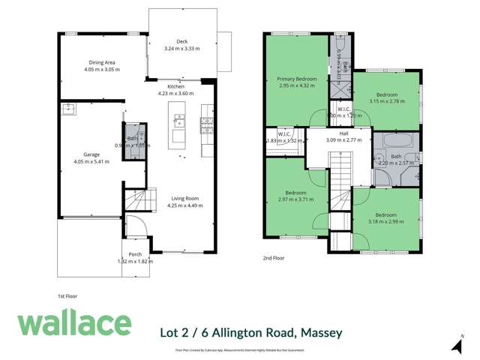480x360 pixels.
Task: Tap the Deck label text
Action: coord(180,42)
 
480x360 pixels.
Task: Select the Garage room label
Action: coord(91,154)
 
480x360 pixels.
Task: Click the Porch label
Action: coord(135,255)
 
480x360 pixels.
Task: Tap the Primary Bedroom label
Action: coord(297,79)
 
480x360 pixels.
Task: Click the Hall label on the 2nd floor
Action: coord(343,133)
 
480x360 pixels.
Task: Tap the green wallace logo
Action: coord(74,323)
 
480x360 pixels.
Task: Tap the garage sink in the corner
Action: coord(70,109)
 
